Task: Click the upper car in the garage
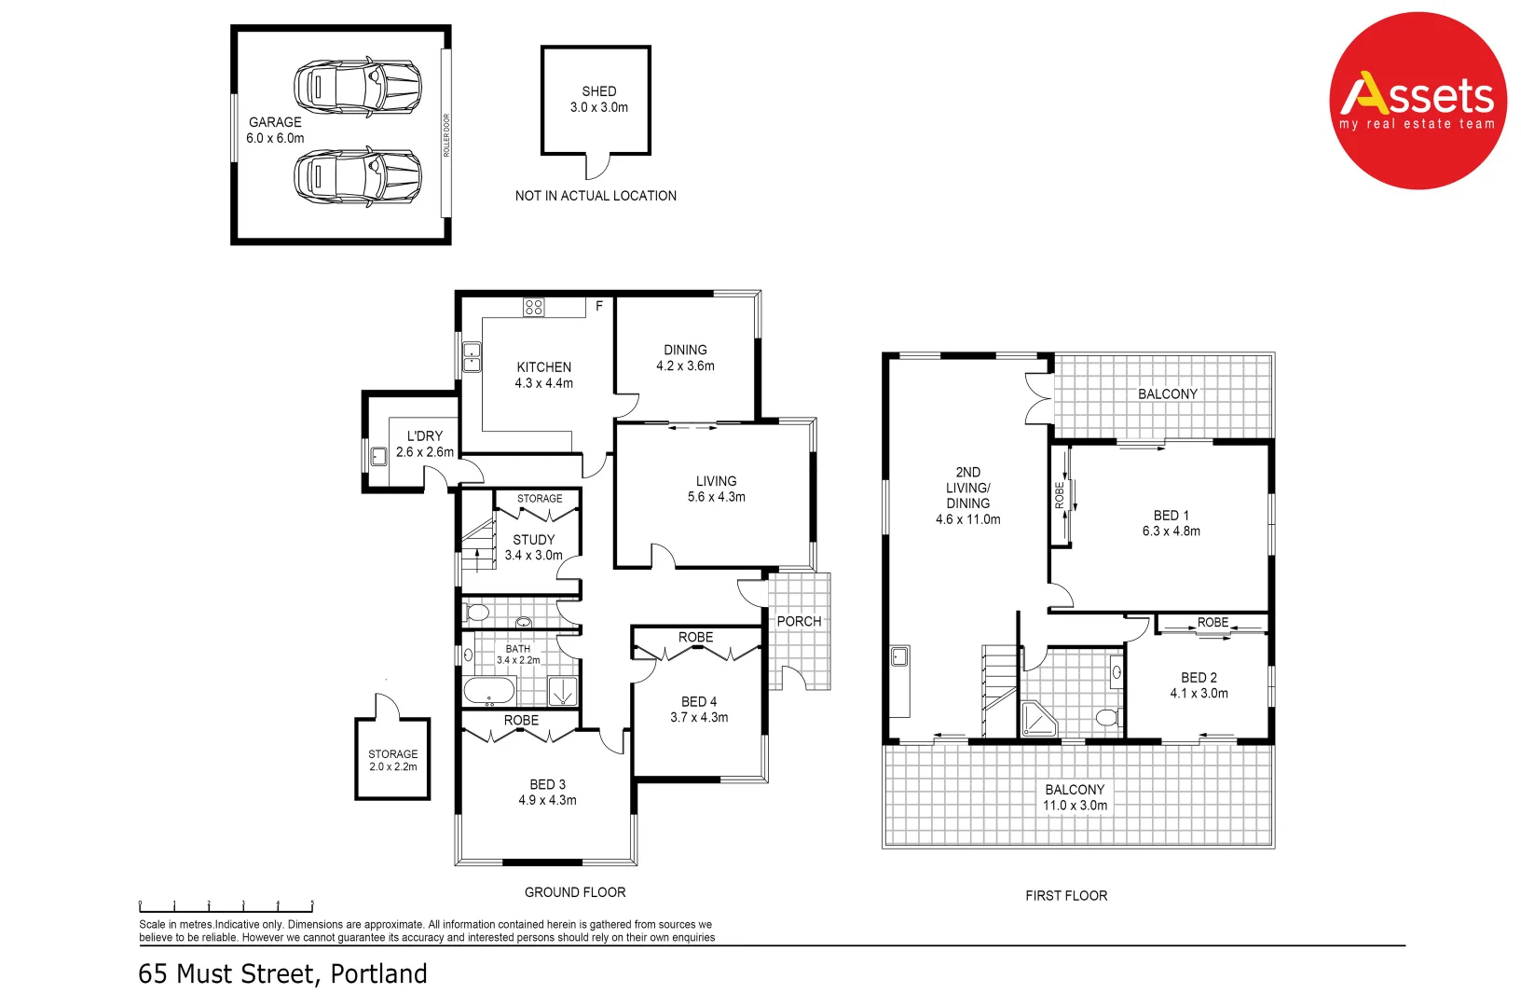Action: tap(358, 88)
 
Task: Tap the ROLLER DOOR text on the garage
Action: tap(446, 135)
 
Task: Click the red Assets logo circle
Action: tap(1418, 101)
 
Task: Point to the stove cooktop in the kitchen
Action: tap(534, 307)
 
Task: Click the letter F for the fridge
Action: tap(599, 307)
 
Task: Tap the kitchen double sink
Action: tap(472, 358)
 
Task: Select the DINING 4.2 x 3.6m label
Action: tap(685, 358)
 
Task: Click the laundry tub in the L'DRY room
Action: tap(379, 455)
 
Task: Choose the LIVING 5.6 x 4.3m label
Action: tap(717, 489)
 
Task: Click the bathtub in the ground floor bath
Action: tap(489, 690)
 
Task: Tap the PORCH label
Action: tap(800, 621)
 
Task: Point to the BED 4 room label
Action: tap(699, 710)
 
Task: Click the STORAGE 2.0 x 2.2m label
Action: tap(393, 760)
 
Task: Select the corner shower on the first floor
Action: tap(1039, 719)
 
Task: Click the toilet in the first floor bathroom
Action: tap(1109, 718)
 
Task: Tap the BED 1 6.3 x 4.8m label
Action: tap(1172, 523)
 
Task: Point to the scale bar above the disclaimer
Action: tap(226, 906)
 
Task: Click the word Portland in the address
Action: tap(379, 974)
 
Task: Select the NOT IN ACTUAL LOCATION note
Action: tap(596, 196)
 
